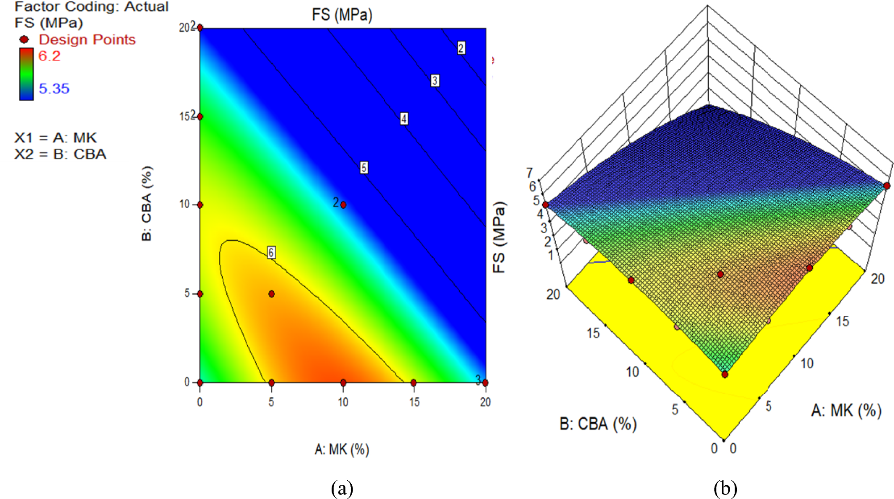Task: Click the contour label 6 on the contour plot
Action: [271, 252]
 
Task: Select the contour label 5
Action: [364, 168]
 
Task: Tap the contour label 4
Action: [404, 119]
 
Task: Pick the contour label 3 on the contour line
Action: [435, 81]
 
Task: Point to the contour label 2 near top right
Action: [461, 48]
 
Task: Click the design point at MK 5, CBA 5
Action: [271, 294]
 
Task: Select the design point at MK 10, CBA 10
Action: [343, 205]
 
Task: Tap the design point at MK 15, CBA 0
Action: [414, 383]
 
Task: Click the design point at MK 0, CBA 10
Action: [200, 205]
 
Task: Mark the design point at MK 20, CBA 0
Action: [485, 383]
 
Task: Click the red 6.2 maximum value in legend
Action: [49, 56]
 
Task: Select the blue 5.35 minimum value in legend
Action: [54, 88]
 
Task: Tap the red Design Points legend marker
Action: [25, 40]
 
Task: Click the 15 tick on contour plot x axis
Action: [414, 402]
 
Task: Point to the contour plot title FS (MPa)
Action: [342, 15]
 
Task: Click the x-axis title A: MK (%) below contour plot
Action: [342, 449]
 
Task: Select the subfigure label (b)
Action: [725, 488]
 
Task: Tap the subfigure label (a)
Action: [342, 488]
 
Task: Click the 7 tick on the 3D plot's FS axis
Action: [529, 173]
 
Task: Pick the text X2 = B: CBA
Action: [60, 154]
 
